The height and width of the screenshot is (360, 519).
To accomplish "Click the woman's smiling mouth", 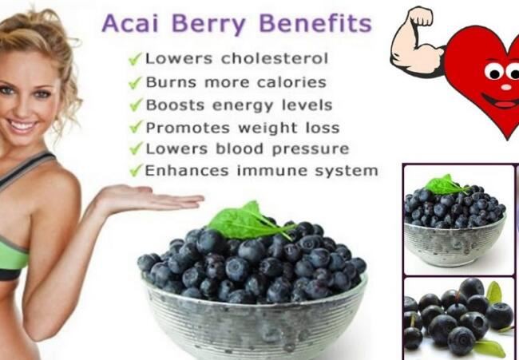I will (x=23, y=126).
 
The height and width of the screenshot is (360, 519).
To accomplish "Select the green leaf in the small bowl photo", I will (x=446, y=184).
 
